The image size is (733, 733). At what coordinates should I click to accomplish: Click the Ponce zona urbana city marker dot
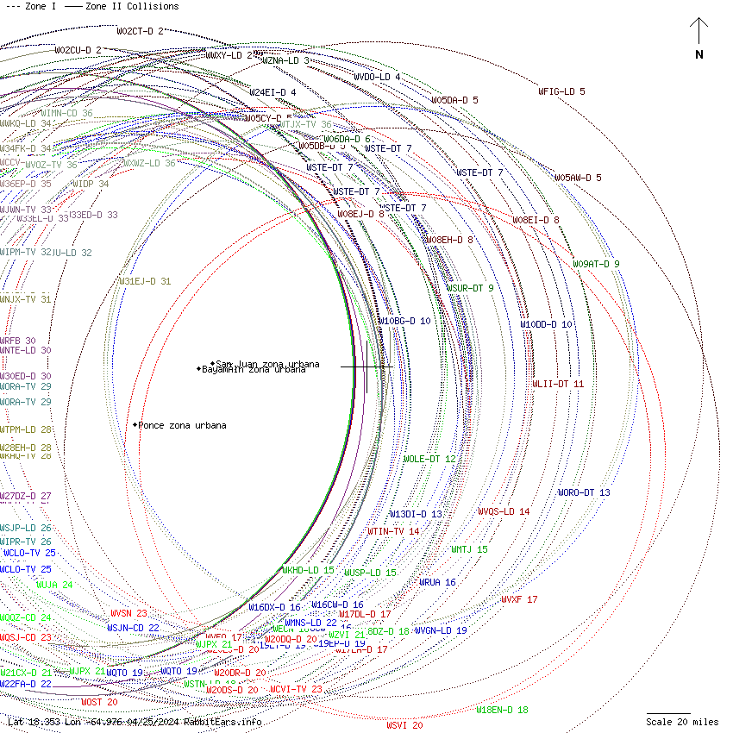(x=135, y=425)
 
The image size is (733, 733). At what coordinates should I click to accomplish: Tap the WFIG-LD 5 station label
(x=561, y=91)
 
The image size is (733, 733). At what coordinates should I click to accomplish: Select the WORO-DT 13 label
(x=584, y=492)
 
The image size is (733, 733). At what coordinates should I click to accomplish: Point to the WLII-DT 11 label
(x=558, y=384)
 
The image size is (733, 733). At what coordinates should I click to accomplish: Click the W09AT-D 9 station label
(x=596, y=264)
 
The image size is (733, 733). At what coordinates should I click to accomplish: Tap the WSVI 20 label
(x=404, y=725)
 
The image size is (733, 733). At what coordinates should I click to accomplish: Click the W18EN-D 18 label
(x=502, y=710)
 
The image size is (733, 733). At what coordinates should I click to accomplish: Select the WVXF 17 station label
(x=519, y=599)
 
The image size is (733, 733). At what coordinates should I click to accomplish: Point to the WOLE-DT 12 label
(x=429, y=459)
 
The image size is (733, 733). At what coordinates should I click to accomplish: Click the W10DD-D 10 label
(x=546, y=324)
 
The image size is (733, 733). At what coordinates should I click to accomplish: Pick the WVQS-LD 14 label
(x=504, y=511)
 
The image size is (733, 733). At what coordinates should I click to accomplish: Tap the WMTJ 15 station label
(x=469, y=549)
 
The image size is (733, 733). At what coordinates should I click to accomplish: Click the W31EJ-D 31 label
(x=144, y=281)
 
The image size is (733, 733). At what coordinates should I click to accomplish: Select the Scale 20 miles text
(x=682, y=722)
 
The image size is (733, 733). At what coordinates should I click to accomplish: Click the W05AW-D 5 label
(x=578, y=178)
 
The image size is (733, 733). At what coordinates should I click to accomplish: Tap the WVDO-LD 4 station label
(x=377, y=77)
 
